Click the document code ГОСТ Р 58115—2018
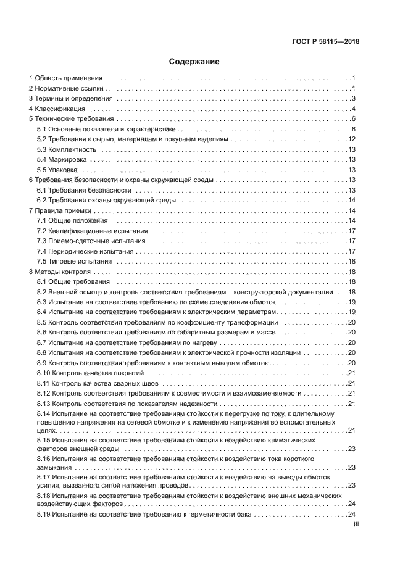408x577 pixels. click(326, 42)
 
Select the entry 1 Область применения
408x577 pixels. click(66, 78)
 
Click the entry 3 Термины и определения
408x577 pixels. click(71, 99)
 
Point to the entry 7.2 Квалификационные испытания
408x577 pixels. click(91, 230)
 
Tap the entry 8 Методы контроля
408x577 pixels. click(60, 271)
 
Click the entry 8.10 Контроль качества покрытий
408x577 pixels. click(90, 373)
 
